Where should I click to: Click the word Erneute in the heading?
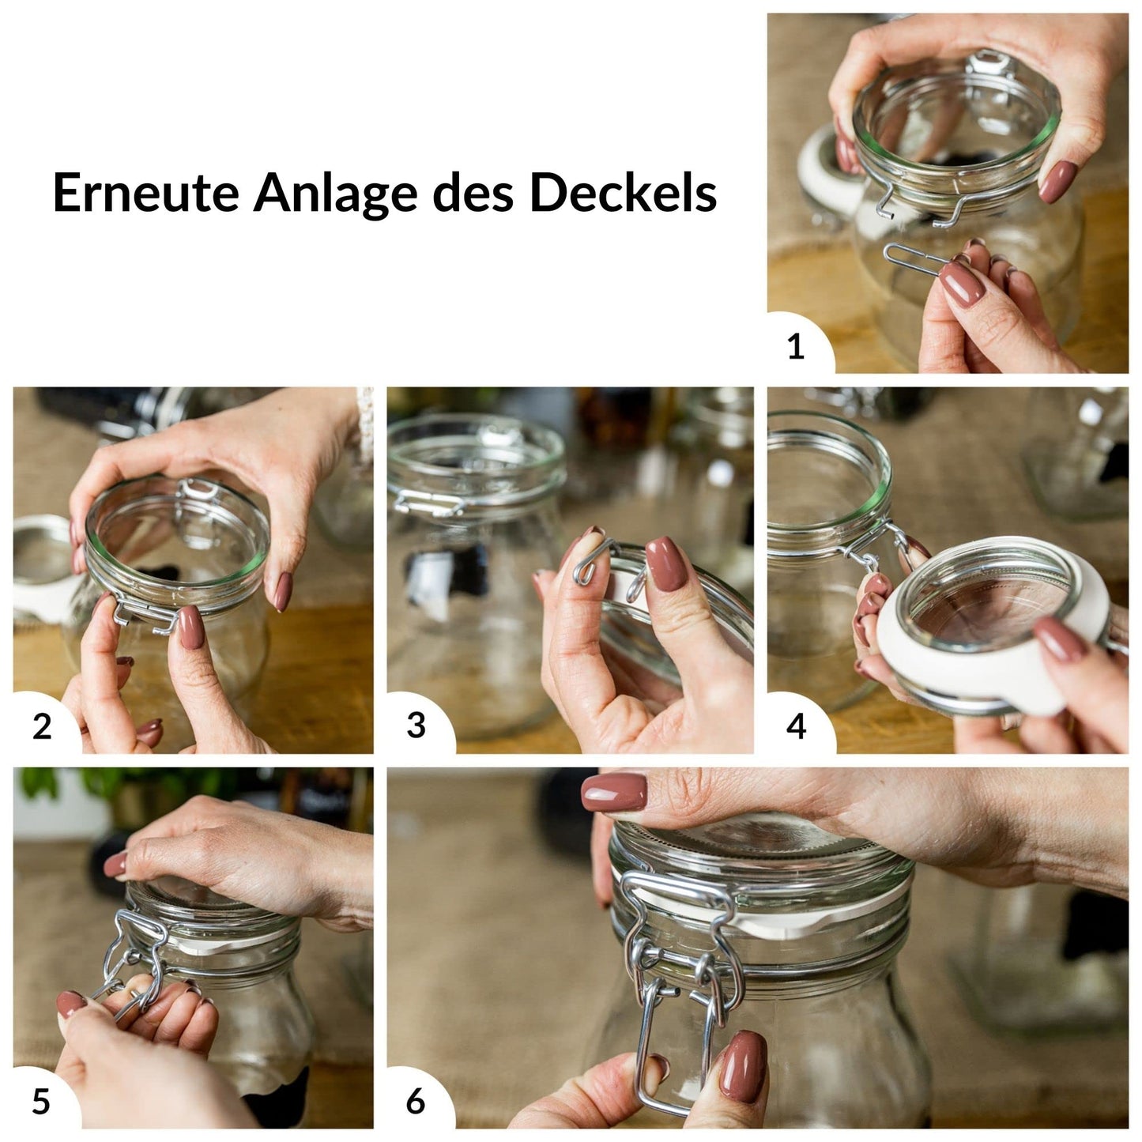145,193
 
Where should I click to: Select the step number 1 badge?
796,346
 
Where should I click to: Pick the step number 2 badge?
42,726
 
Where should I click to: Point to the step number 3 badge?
416,726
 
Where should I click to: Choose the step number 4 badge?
796,726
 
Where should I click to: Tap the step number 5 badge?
41,1101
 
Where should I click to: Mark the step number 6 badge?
416,1101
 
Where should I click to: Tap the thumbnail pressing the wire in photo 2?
190,628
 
